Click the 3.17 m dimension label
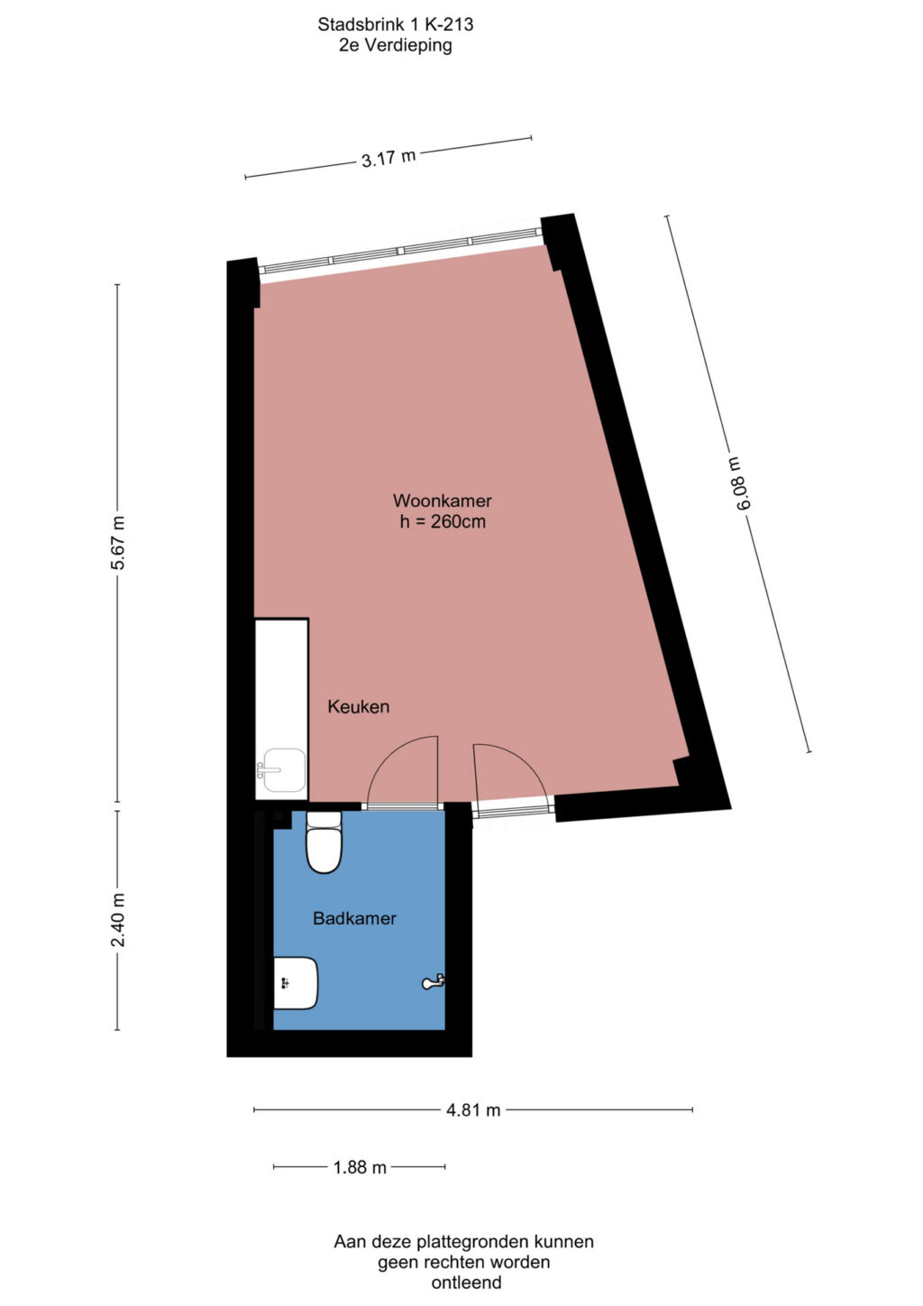click(388, 158)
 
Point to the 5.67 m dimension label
click(118, 543)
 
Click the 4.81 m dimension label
click(473, 1109)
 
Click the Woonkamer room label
click(443, 501)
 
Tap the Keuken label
click(359, 706)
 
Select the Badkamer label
click(354, 918)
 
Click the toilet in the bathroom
click(324, 842)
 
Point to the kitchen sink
click(283, 770)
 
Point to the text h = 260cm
click(443, 521)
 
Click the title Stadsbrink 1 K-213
click(395, 24)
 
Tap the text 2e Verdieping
click(395, 45)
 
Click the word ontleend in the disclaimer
click(466, 1282)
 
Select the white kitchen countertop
click(281, 709)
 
